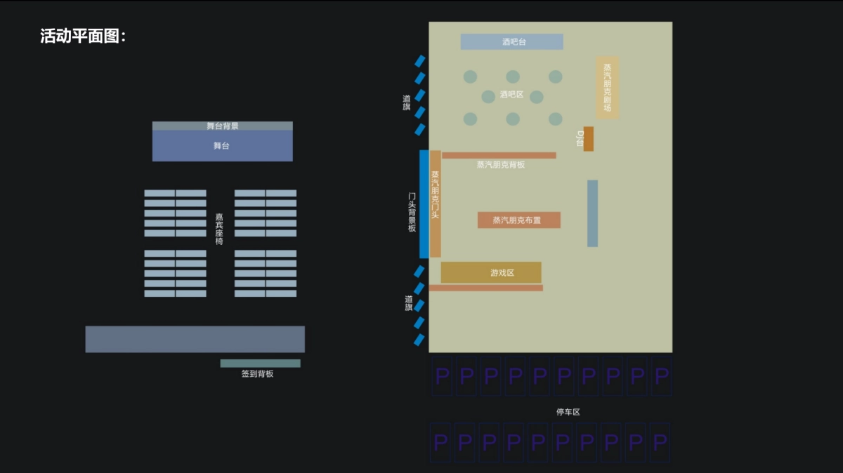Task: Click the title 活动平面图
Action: click(x=83, y=36)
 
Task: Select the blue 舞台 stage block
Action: click(x=222, y=147)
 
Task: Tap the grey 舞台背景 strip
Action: click(x=222, y=126)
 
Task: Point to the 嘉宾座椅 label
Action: click(x=220, y=229)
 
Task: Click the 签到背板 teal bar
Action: click(x=260, y=364)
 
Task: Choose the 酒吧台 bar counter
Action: click(x=511, y=42)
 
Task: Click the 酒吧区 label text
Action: click(x=511, y=94)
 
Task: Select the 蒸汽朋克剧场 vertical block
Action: click(x=607, y=88)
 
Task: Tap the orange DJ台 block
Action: click(x=588, y=139)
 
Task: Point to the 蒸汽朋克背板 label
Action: click(x=500, y=165)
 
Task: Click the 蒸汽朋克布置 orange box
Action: click(x=518, y=220)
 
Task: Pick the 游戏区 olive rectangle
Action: click(x=491, y=272)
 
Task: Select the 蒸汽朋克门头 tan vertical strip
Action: click(x=435, y=204)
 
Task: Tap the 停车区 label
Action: click(x=568, y=412)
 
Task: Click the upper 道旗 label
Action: click(x=407, y=102)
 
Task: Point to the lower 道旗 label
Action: click(x=408, y=303)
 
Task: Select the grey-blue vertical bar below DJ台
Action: click(x=592, y=213)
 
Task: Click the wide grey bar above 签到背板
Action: click(x=195, y=339)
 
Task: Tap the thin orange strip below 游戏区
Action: click(x=486, y=288)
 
